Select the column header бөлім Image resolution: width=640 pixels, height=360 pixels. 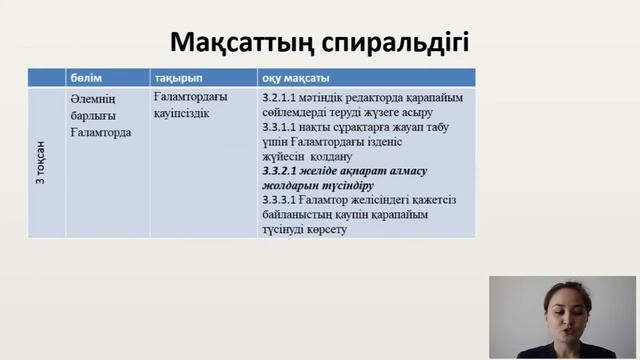[x=86, y=78]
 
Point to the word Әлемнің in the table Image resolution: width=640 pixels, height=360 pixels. [x=93, y=99]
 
